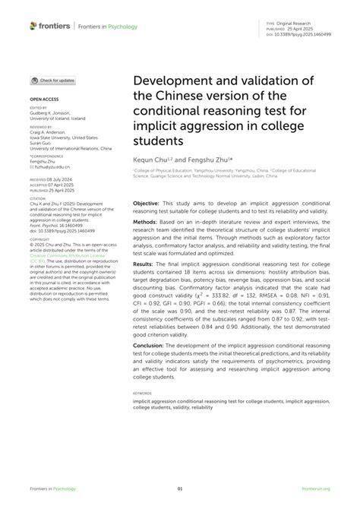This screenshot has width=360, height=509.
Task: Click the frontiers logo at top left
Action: (x=51, y=26)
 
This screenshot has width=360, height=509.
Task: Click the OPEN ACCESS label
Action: (x=44, y=100)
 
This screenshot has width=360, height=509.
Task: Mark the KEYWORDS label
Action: (x=144, y=394)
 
